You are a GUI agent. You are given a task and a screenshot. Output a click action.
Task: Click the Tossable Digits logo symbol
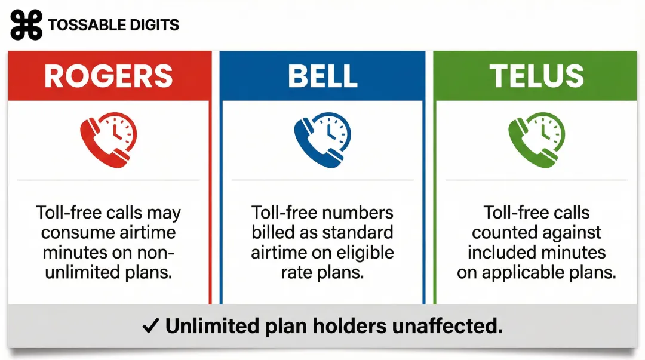coord(26,24)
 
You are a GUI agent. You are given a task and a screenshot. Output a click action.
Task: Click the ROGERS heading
coord(109,76)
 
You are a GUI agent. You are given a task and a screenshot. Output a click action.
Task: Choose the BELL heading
coord(322,76)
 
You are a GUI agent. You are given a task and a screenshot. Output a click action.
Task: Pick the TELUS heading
coord(536,76)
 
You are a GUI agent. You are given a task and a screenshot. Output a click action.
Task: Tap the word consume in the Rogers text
coord(75,233)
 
